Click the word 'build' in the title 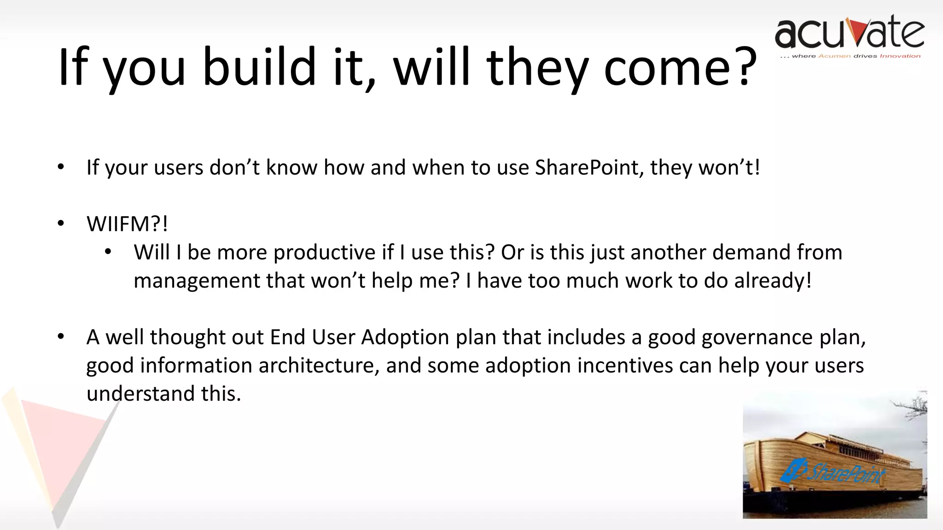pos(259,67)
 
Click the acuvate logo pos(850,35)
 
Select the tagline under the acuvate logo pos(850,56)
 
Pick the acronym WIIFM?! pos(127,224)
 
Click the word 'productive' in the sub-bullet pos(325,253)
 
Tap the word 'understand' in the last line pos(140,394)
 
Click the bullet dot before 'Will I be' pos(108,252)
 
